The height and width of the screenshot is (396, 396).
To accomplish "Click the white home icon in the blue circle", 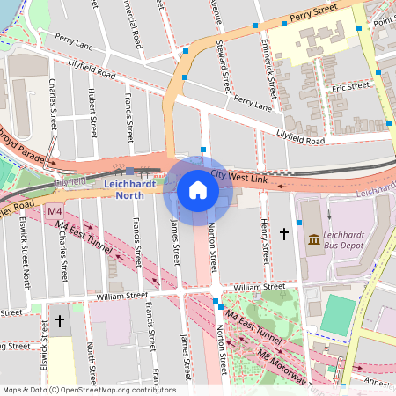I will click(x=197, y=190).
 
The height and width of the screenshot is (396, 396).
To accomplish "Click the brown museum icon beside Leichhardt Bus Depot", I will click(x=314, y=238).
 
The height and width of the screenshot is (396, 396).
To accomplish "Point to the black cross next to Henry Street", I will click(x=283, y=234).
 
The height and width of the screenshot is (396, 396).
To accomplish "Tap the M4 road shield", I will click(x=55, y=211).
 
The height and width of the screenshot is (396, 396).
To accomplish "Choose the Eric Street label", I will click(x=348, y=87).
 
